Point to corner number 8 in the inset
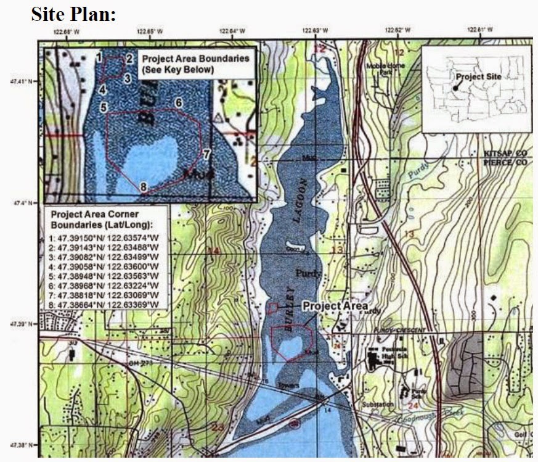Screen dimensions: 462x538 click(x=143, y=186)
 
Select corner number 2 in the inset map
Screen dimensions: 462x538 click(x=129, y=59)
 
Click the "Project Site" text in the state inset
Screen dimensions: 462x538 click(x=479, y=76)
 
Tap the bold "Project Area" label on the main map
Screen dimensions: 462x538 click(x=335, y=306)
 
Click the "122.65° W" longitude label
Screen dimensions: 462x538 click(x=151, y=30)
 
